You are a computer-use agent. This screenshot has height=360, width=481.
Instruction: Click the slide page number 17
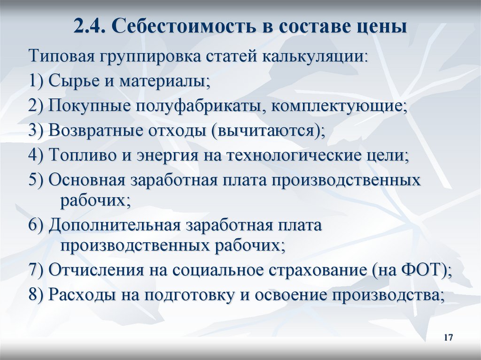(447, 338)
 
